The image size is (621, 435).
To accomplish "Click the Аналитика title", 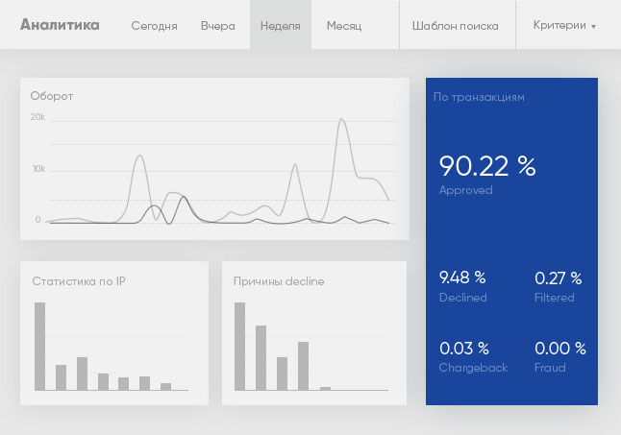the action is pos(60,25).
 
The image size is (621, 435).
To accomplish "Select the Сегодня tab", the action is pos(154,26).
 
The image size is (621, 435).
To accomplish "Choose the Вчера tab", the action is pos(218,26).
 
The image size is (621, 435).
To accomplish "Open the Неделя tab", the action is pos(281,26).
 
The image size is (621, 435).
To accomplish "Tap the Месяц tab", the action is pos(344,26).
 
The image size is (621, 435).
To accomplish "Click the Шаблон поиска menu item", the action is pos(455,26).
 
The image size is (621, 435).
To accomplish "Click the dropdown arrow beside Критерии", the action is pos(593,27).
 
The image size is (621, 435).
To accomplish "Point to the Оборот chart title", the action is pos(52,96).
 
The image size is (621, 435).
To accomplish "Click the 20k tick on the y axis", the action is pos(37,116).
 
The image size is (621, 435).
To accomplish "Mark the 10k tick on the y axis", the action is pos(38,169).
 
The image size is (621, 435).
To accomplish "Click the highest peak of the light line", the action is pos(341,119).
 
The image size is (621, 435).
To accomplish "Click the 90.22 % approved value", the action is pos(487,166).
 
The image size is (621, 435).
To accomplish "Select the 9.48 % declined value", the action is pos(462,278).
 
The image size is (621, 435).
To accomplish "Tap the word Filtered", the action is pos(554,298).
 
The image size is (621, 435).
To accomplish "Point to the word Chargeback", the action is pos(473,368).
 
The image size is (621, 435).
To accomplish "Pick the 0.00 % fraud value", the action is pos(560,349).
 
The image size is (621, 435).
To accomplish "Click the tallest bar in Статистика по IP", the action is pos(40,347).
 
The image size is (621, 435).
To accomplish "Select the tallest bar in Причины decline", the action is pos(240,347).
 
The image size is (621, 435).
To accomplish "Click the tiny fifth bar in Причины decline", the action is pos(325,389).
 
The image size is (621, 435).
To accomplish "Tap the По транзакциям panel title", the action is pos(479,97).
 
